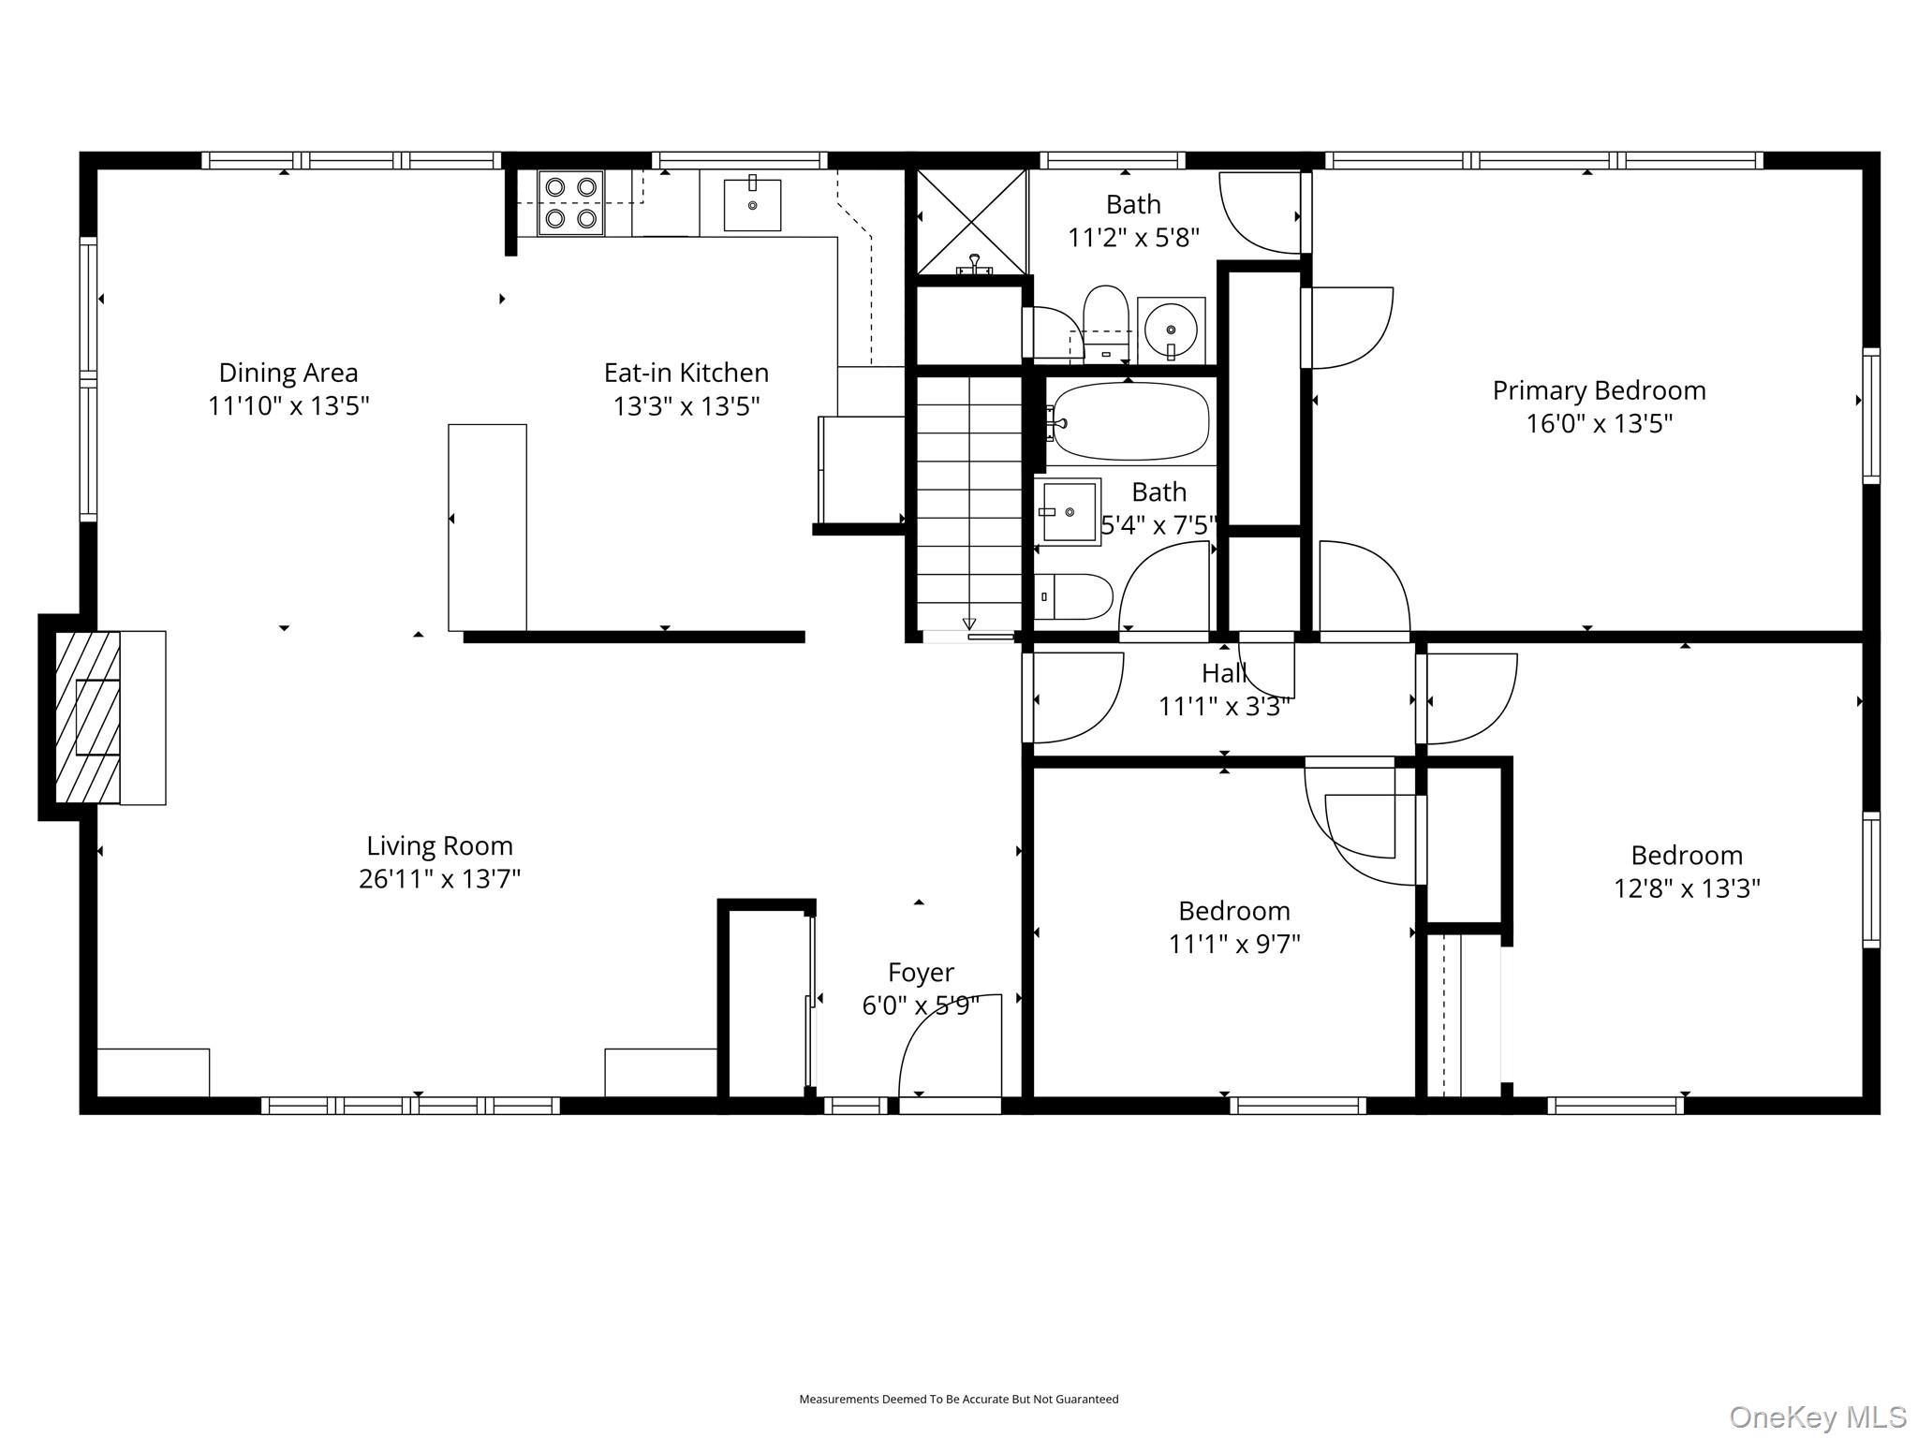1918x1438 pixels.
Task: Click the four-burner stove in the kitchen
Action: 570,202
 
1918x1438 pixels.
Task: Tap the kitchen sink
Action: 752,204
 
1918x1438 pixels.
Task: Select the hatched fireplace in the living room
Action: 88,717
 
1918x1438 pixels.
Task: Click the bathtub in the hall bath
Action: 1130,420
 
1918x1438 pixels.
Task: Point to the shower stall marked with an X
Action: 971,222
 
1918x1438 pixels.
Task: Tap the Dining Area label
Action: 288,373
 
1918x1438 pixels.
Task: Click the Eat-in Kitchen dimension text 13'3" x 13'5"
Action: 686,406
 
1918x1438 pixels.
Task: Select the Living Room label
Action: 439,846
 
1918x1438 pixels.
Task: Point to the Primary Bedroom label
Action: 1600,390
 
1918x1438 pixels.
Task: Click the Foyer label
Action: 922,973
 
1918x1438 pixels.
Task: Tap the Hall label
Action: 1224,673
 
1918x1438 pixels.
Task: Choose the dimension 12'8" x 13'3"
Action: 1687,888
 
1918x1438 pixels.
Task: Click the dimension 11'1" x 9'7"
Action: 1234,944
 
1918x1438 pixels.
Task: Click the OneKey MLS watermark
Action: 1818,1417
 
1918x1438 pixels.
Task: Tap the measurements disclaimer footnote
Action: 958,1400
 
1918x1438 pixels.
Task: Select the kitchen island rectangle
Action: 487,528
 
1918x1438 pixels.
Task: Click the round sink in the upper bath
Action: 1171,330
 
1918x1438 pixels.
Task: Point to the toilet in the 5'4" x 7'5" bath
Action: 1074,597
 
